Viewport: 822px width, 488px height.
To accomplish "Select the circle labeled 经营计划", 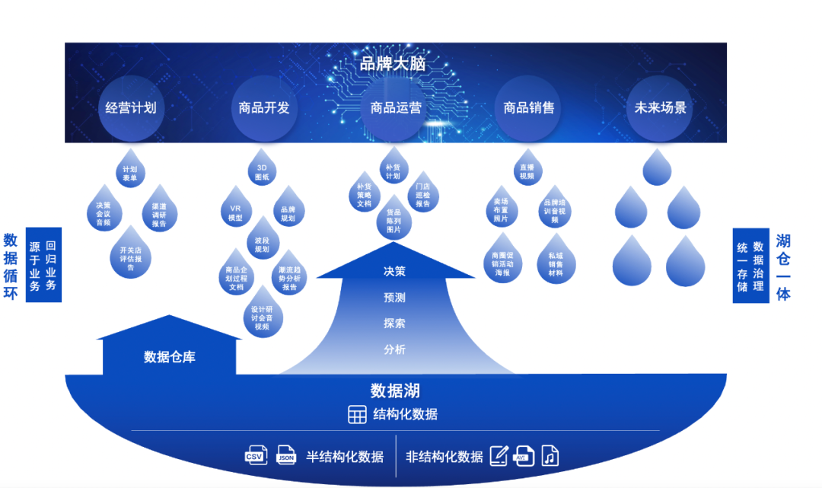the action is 130,108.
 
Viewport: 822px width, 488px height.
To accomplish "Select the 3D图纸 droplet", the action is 262,172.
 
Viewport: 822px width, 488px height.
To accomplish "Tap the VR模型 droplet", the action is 236,212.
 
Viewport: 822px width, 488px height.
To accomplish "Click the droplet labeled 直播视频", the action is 527,172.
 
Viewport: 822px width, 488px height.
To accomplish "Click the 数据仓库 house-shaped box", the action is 170,356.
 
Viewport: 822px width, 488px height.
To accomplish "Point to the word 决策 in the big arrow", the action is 395,271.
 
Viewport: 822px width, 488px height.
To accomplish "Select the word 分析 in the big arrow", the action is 395,349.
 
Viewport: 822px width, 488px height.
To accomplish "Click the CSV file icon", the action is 256,456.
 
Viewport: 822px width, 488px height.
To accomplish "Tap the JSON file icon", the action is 286,456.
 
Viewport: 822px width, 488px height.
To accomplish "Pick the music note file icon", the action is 550,456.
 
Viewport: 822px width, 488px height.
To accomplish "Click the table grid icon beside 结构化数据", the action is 357,415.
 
